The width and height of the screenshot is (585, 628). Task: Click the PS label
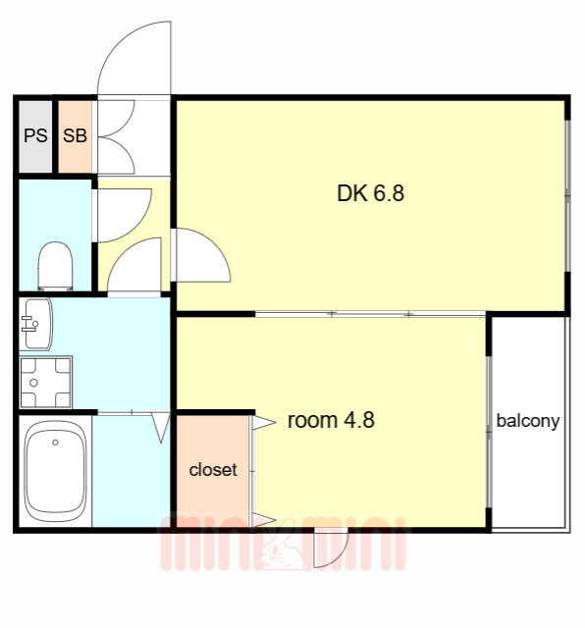point(35,135)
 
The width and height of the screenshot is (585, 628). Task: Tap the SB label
point(75,135)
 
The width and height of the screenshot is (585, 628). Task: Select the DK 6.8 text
point(371,193)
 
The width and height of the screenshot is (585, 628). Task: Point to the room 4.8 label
point(331,420)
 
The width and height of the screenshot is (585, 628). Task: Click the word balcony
point(528,421)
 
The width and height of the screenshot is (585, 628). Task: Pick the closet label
point(213,470)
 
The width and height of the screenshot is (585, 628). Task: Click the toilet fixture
point(55,266)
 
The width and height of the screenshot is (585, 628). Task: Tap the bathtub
point(56,471)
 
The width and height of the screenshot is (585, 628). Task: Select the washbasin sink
point(37,324)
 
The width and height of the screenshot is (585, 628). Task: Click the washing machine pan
point(46,382)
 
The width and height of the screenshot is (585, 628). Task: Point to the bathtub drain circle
point(55,443)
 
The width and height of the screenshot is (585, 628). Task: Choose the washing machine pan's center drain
point(33,383)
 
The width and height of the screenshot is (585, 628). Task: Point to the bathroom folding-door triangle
point(162,427)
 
